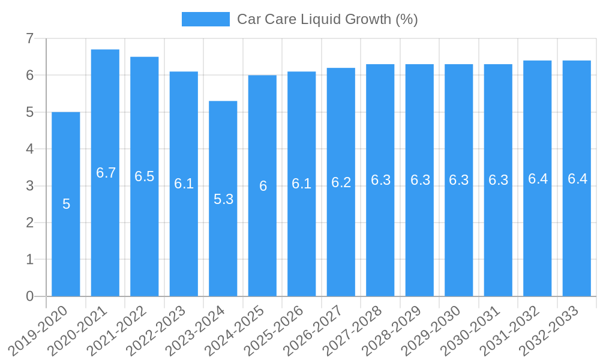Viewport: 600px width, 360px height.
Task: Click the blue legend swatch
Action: tap(205, 19)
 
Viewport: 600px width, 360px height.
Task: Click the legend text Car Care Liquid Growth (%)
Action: tap(327, 19)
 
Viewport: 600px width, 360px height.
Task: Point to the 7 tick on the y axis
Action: tap(29, 38)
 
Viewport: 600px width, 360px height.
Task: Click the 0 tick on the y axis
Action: tap(29, 296)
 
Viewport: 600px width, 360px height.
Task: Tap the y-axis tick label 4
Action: tap(29, 149)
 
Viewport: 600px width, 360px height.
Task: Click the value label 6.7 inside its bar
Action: tap(106, 173)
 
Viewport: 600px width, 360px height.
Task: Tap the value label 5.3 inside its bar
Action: tap(223, 199)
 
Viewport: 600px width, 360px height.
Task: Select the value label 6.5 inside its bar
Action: tap(144, 176)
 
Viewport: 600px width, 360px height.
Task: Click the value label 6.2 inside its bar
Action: tap(341, 182)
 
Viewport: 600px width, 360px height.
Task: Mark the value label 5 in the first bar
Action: tap(66, 204)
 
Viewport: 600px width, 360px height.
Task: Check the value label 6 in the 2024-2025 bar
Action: tap(263, 186)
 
